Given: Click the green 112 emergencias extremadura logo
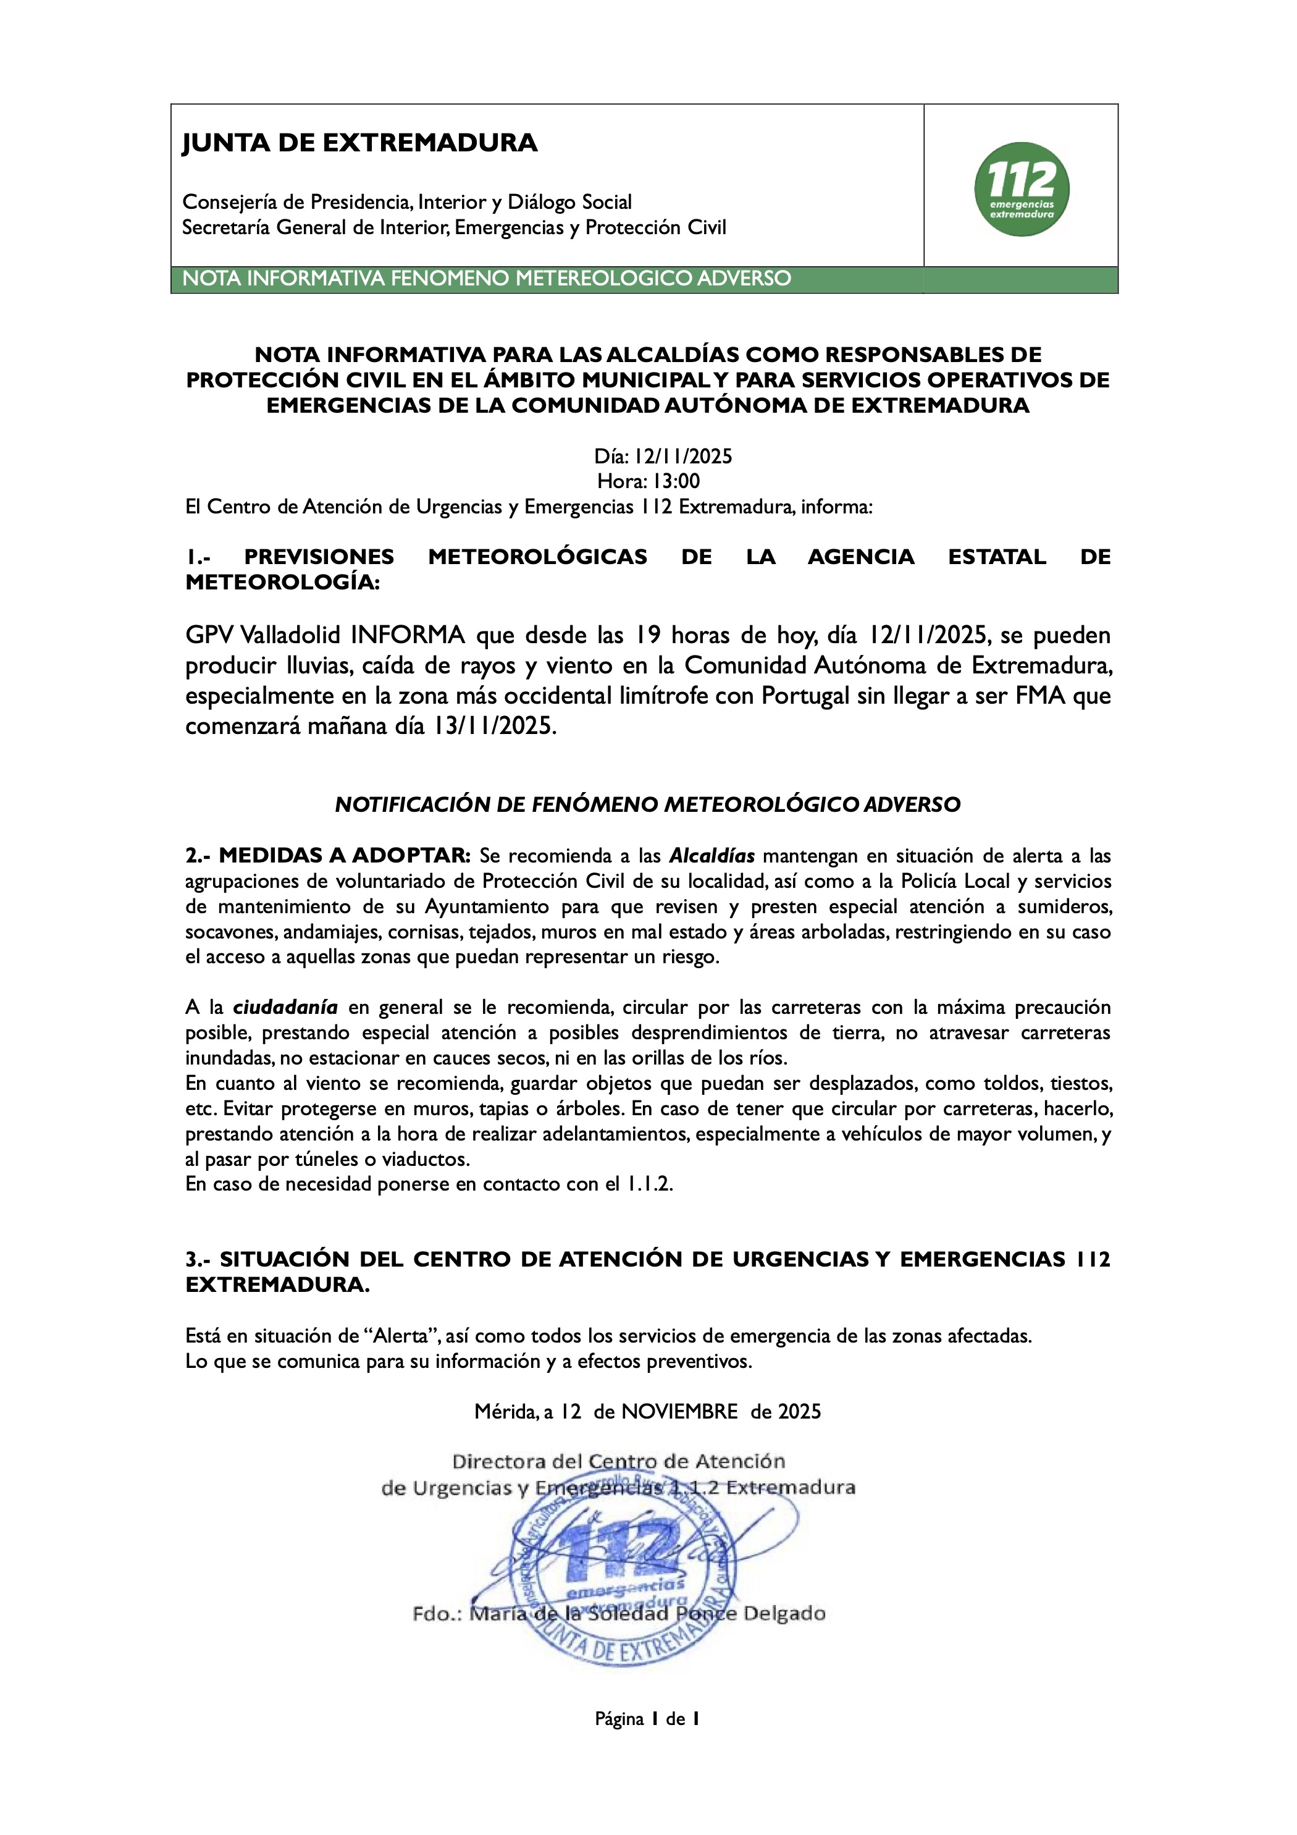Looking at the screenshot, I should click(x=1022, y=190).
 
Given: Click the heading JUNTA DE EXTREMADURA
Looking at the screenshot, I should click(x=359, y=143).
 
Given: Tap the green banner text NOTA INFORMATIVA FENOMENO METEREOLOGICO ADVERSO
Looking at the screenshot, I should click(x=487, y=279).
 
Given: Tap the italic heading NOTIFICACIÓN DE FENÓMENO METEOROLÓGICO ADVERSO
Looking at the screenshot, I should click(x=647, y=805).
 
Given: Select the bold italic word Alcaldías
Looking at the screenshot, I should click(x=711, y=856).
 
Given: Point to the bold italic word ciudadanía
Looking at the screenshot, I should click(x=285, y=1007).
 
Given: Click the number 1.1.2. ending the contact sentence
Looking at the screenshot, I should click(x=650, y=1184).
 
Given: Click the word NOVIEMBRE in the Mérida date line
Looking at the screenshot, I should click(x=679, y=1411).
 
